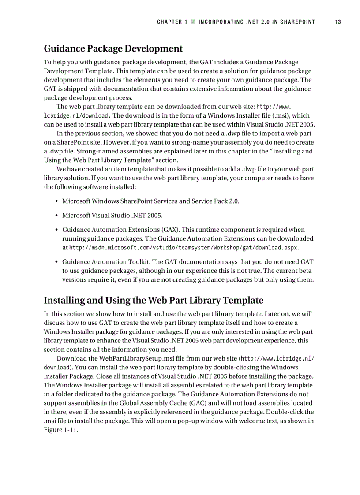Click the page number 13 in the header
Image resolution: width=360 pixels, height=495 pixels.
pyautogui.click(x=337, y=22)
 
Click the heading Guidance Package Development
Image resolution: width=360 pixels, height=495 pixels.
pyautogui.click(x=113, y=48)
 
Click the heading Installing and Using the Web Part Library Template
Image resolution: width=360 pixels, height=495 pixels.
pyautogui.click(x=153, y=300)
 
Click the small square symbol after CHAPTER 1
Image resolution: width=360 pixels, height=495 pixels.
pyautogui.click(x=193, y=22)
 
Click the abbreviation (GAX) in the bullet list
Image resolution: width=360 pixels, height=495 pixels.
pyautogui.click(x=170, y=230)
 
